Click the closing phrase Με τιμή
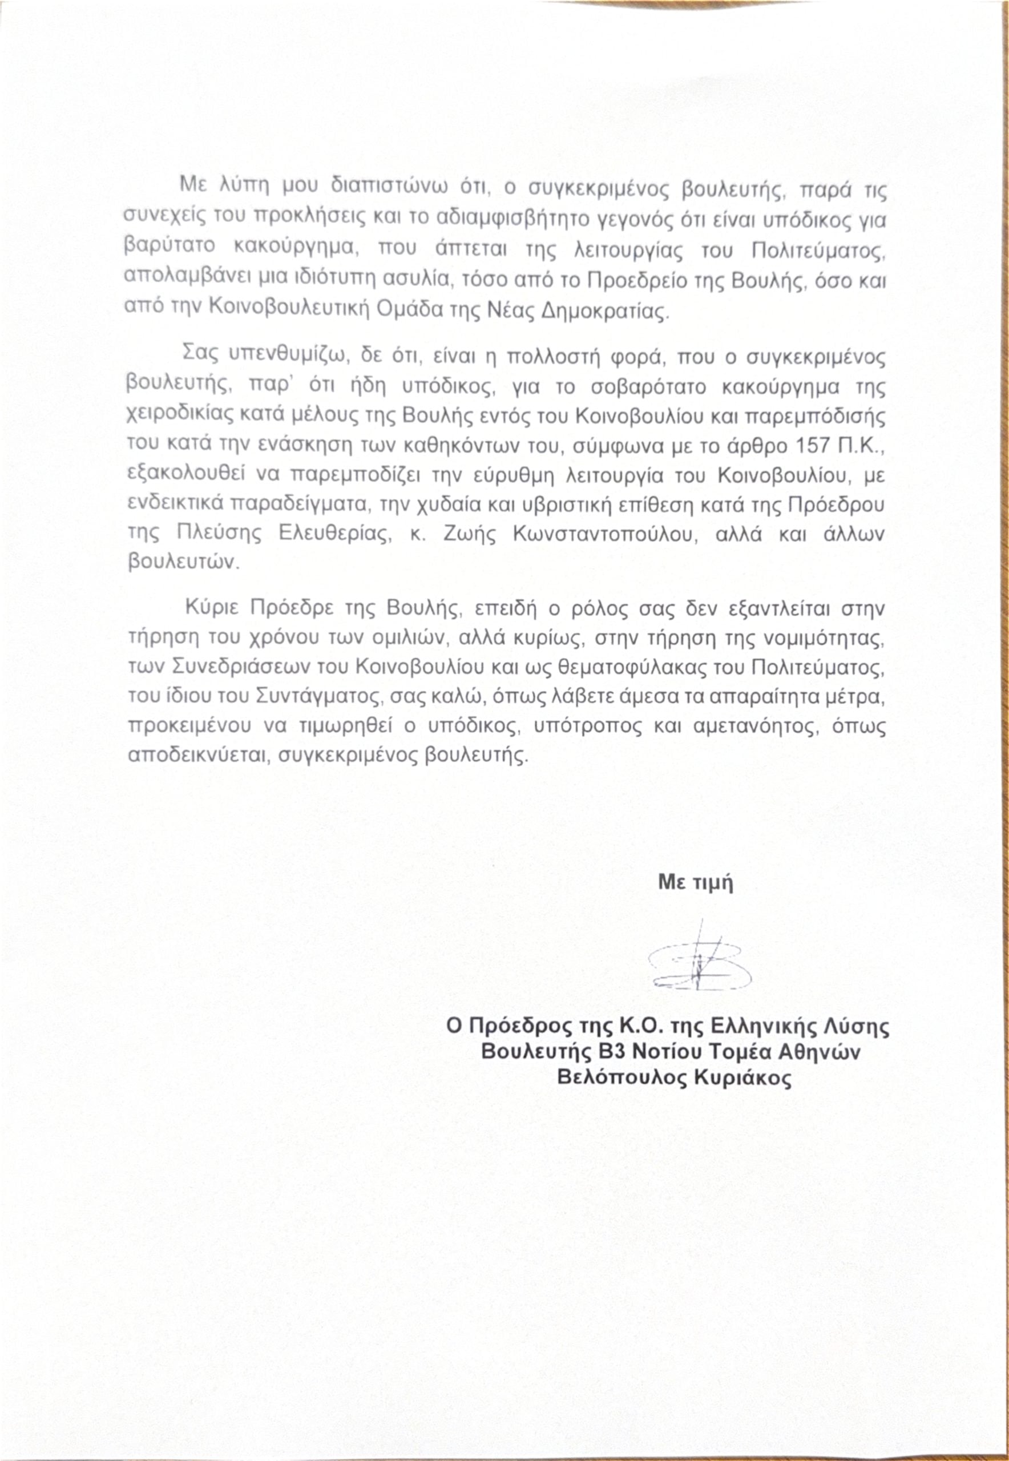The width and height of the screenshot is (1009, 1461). (696, 882)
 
